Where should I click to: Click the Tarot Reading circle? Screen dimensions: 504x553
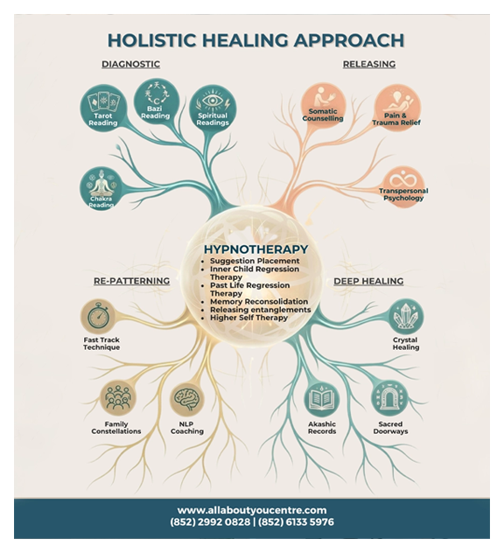tap(102, 108)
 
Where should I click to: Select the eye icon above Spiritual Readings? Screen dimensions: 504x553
tap(213, 101)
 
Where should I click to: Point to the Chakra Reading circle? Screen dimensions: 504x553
tap(101, 187)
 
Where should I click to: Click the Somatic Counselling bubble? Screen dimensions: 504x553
tap(323, 106)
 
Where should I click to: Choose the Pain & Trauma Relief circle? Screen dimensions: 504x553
tap(397, 108)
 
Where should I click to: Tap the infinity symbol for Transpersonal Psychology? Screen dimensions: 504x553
tap(402, 178)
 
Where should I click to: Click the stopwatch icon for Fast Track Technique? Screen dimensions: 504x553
tap(99, 315)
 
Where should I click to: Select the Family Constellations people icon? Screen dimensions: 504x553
tap(117, 397)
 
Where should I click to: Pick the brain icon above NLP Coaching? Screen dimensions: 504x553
tap(187, 398)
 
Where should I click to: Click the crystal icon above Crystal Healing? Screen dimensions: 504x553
tap(406, 316)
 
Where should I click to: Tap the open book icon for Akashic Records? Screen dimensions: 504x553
tap(321, 399)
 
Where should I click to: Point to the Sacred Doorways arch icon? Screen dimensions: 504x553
tap(389, 398)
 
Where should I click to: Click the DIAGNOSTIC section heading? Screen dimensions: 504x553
tap(131, 64)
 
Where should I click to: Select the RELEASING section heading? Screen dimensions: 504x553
tap(369, 64)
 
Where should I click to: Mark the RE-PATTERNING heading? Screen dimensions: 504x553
tap(131, 281)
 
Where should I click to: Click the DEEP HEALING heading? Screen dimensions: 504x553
tap(368, 281)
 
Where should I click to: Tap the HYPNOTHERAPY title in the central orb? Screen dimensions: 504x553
tap(256, 249)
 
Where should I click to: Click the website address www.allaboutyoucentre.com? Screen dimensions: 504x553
tap(252, 510)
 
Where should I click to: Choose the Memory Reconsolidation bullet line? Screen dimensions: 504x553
tap(259, 302)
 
